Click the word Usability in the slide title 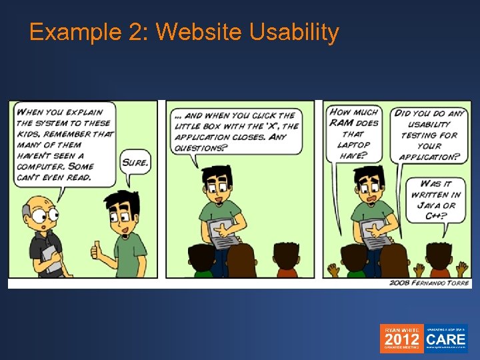point(294,31)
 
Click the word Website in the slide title point(199,31)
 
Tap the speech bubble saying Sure point(135,161)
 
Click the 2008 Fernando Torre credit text point(429,283)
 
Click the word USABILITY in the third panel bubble point(430,124)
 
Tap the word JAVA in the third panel point(432,205)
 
